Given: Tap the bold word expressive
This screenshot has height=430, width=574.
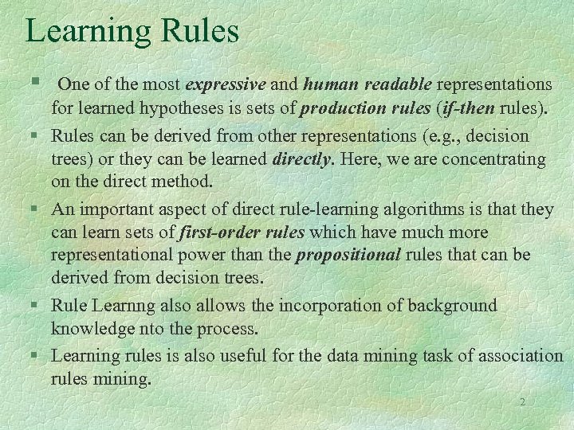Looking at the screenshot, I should coord(226,84).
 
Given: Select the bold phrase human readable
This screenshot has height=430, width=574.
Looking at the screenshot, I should coord(368,84).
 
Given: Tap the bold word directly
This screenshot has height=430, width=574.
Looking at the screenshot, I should coord(302,159).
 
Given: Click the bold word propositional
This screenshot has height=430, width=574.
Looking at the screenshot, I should coord(348,256).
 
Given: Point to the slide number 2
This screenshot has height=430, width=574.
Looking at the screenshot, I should coord(522,402).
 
